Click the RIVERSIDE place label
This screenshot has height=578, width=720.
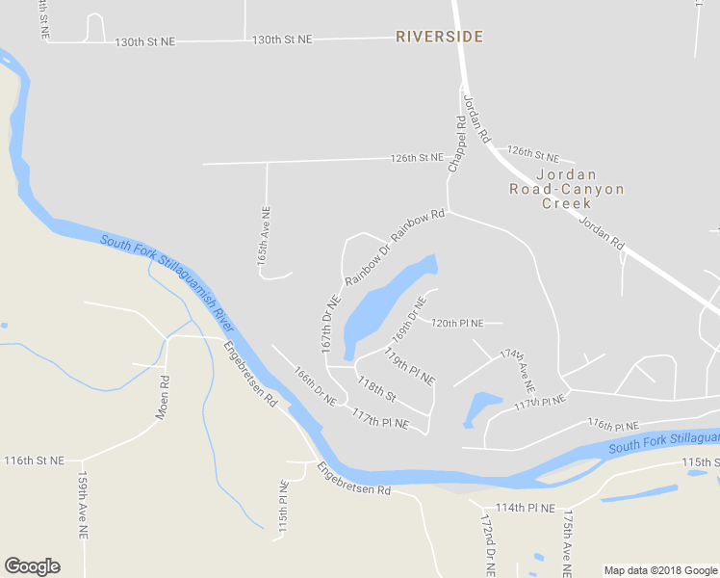click(x=439, y=37)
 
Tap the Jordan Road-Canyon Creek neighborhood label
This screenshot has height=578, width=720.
click(x=567, y=189)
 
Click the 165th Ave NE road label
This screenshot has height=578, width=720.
click(x=265, y=237)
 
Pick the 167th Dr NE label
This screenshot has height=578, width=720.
click(x=330, y=322)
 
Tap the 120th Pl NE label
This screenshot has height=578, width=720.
click(x=466, y=323)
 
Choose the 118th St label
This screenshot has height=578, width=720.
click(x=376, y=389)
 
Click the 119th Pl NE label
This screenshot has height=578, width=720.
click(x=409, y=366)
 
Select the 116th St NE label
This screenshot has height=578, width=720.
click(x=35, y=461)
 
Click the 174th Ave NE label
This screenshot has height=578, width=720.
click(x=517, y=369)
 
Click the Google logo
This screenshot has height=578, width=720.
click(x=32, y=566)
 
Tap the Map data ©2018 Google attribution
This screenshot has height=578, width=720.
click(x=660, y=570)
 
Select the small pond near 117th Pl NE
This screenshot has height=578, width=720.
click(x=481, y=407)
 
